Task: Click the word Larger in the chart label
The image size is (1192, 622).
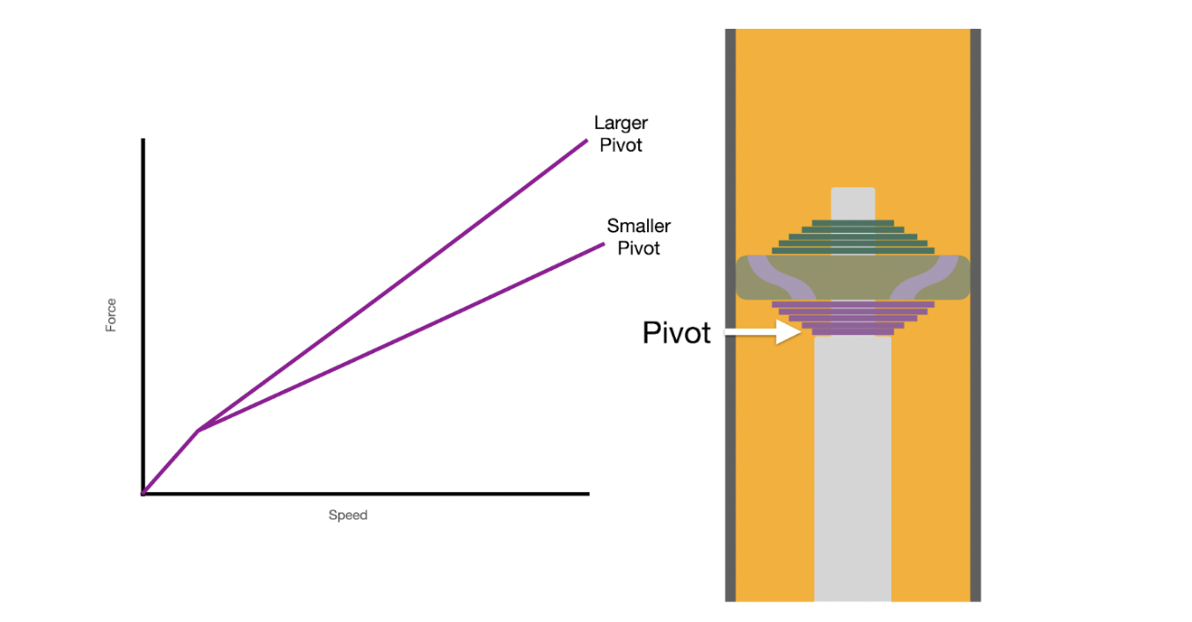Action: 621,123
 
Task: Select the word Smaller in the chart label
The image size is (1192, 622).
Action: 638,226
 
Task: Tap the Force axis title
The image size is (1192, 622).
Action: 112,315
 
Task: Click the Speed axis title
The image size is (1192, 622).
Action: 347,516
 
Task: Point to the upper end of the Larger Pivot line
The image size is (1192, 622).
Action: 586,140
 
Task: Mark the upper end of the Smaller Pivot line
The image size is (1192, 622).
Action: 604,243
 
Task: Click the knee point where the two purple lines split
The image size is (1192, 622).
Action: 198,430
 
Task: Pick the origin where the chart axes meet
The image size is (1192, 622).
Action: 142,494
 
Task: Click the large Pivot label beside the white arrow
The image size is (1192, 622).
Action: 676,334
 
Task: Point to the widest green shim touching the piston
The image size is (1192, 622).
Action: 853,251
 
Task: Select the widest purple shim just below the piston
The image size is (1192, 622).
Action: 853,304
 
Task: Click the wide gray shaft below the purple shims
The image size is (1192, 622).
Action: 853,466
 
